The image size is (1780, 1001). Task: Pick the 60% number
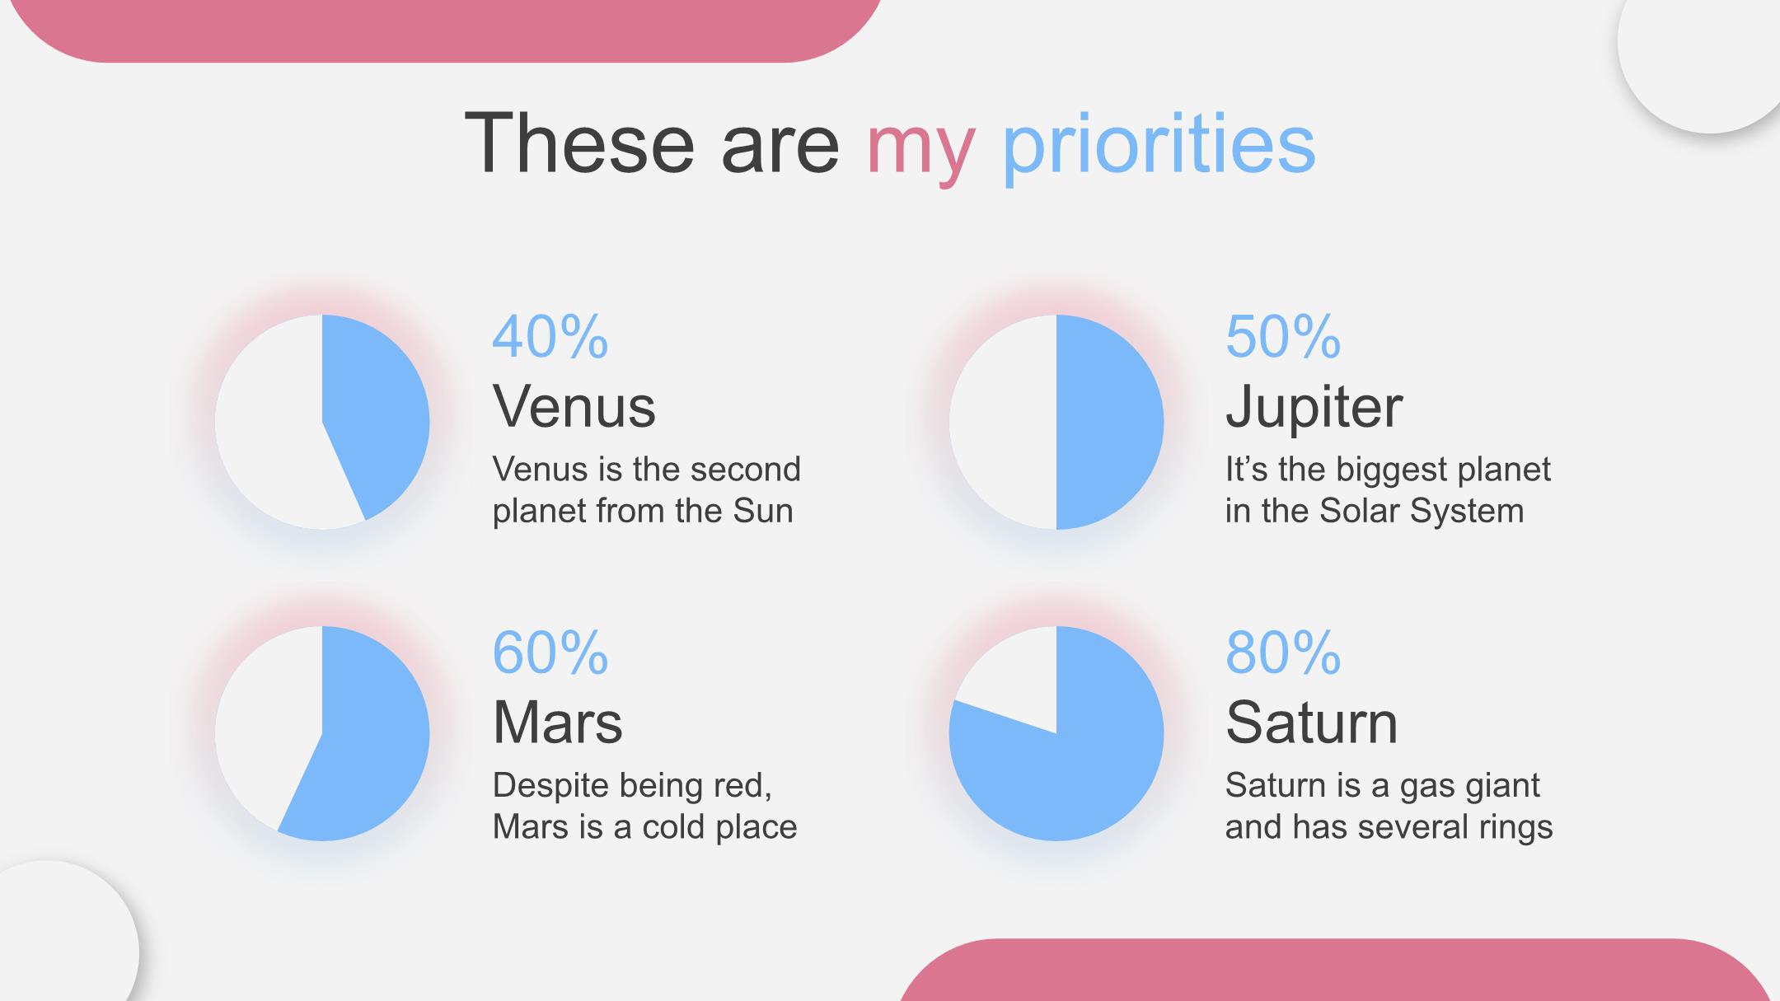click(x=550, y=653)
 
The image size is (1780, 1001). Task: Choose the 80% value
click(x=1283, y=653)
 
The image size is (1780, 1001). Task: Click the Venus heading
click(x=574, y=406)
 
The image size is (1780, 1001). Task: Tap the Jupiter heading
click(x=1314, y=408)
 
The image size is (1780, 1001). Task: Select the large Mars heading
click(x=557, y=723)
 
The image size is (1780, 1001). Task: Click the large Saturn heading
click(x=1311, y=723)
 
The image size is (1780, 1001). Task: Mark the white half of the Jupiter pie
click(x=1003, y=422)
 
